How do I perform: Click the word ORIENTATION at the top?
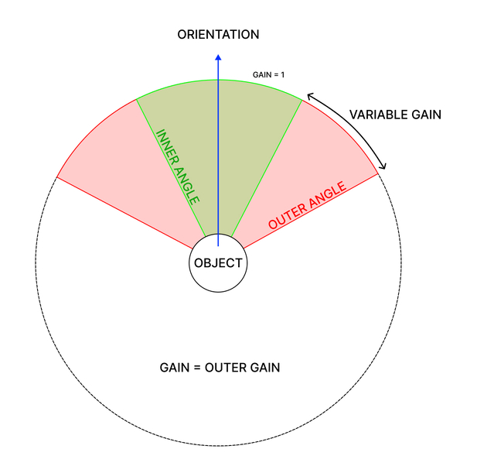pyautogui.click(x=218, y=34)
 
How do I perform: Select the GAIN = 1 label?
pyautogui.click(x=269, y=75)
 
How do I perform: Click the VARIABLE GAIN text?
pyautogui.click(x=394, y=115)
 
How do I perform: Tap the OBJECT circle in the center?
pyautogui.click(x=218, y=263)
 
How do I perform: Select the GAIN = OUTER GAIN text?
pyautogui.click(x=219, y=368)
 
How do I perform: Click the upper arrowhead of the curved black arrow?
pyautogui.click(x=309, y=95)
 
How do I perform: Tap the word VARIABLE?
pyautogui.click(x=376, y=115)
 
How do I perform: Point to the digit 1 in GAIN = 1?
pyautogui.click(x=283, y=75)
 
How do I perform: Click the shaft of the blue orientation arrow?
pyautogui.click(x=218, y=155)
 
